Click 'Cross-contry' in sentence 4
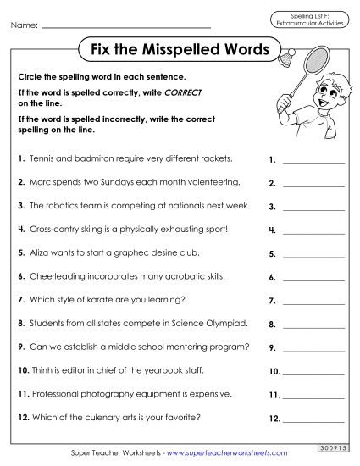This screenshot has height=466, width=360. pyautogui.click(x=51, y=230)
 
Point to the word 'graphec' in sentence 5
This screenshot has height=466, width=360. pyautogui.click(x=132, y=253)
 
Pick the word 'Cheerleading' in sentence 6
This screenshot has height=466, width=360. pyautogui.click(x=56, y=277)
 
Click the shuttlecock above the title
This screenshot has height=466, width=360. pyautogui.click(x=286, y=54)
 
